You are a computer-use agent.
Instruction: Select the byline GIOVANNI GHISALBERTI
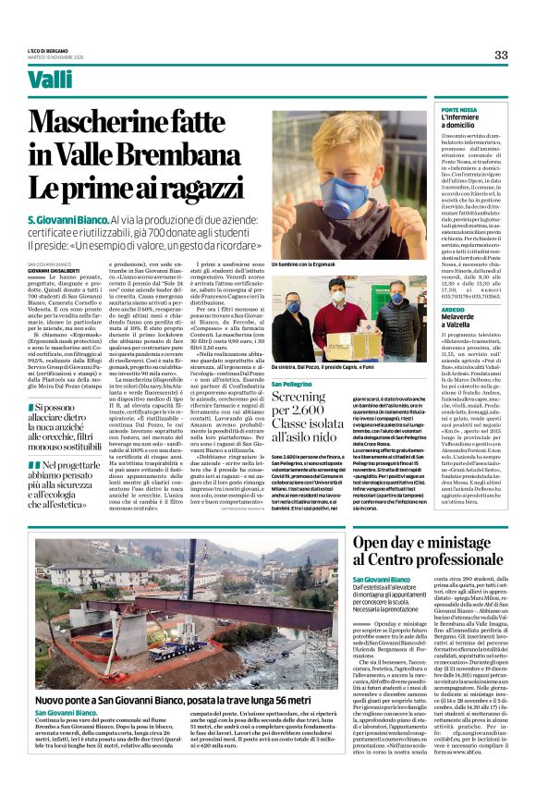click(x=59, y=270)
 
